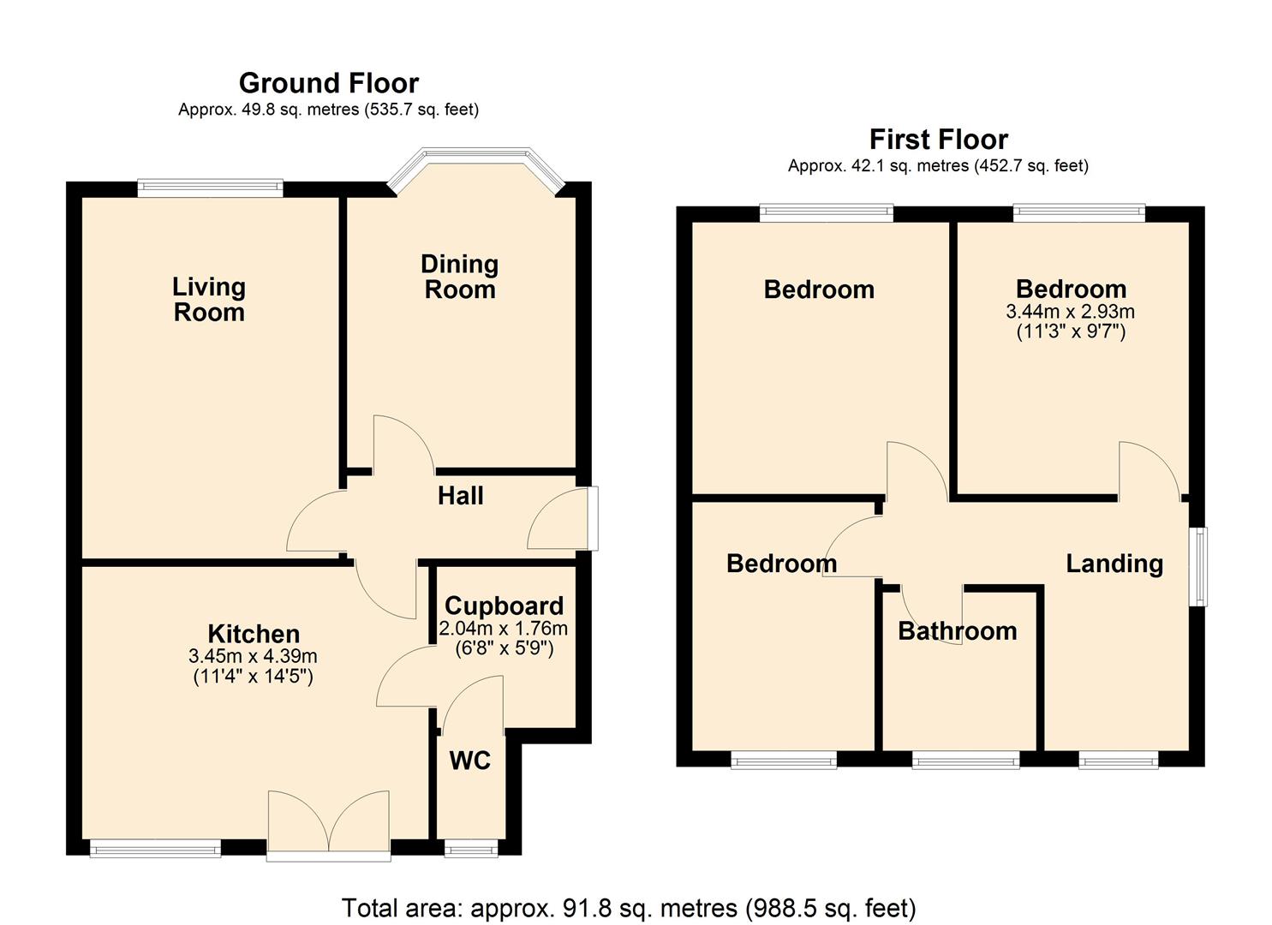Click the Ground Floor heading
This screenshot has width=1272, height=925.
click(328, 83)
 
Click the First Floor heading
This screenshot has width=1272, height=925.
click(938, 139)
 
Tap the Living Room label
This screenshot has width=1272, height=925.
click(209, 299)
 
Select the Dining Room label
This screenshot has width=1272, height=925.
click(460, 277)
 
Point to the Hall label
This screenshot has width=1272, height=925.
click(460, 496)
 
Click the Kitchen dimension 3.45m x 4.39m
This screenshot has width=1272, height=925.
click(253, 656)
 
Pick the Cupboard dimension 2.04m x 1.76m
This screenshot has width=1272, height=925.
click(504, 628)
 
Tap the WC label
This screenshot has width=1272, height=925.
click(469, 761)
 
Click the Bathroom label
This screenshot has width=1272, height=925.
click(957, 631)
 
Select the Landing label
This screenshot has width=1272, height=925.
click(1114, 564)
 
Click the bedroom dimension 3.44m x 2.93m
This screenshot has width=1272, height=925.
click(1070, 312)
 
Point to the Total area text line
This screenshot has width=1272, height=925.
click(629, 908)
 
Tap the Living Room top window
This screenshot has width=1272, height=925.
click(210, 188)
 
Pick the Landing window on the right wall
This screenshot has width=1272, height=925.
click(1201, 567)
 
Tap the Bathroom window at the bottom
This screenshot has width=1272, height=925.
click(965, 760)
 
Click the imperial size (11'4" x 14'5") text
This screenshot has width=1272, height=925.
click(253, 677)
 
